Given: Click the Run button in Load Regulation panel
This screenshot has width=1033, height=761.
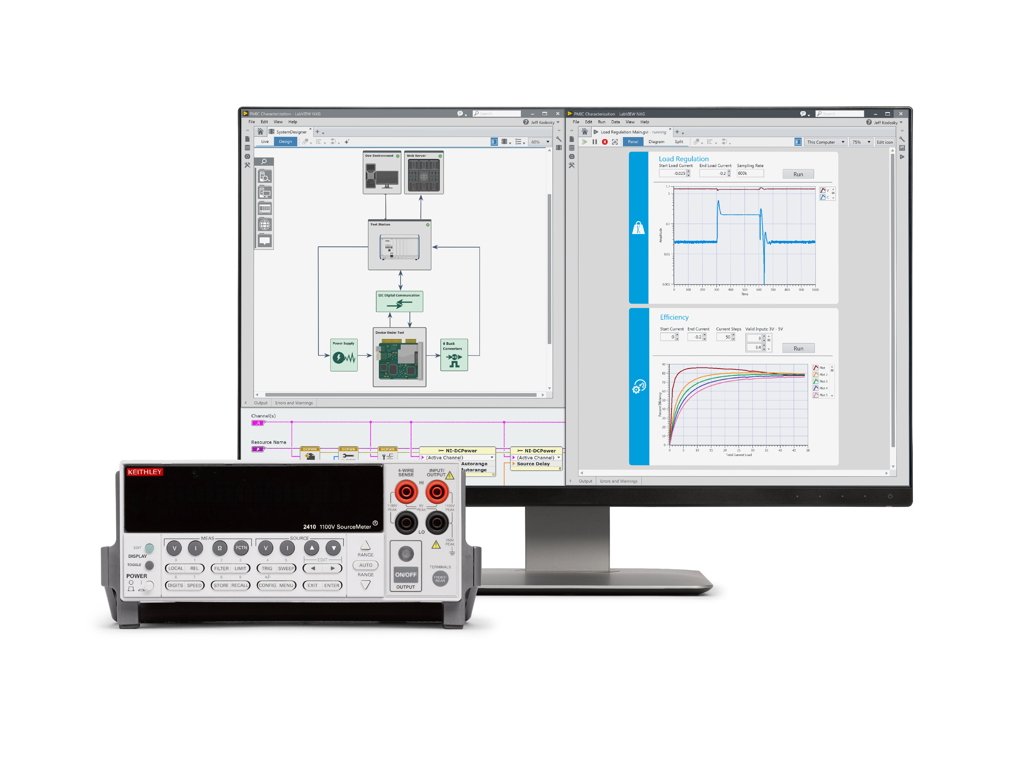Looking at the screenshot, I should [x=798, y=174].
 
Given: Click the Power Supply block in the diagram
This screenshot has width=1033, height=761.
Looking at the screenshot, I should [x=344, y=355].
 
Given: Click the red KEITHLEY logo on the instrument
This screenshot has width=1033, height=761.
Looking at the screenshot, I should [x=145, y=472].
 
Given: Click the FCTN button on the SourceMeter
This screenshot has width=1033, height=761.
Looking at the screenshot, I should [x=241, y=548].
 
